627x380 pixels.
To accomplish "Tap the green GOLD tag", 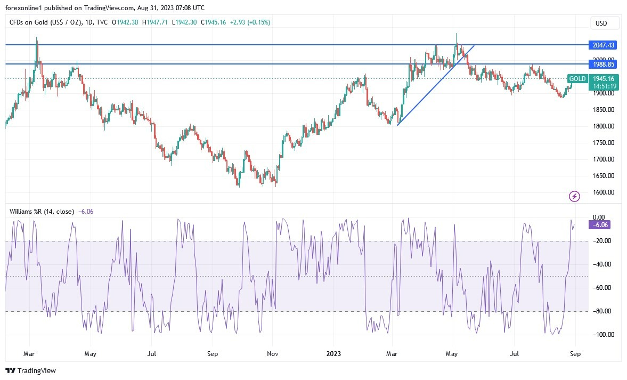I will pos(577,79).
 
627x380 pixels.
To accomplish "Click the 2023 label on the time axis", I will pos(333,353).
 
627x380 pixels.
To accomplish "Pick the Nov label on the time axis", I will pos(273,353).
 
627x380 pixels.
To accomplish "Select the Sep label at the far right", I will pos(575,353).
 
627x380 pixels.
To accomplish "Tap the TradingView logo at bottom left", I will pos(31,370).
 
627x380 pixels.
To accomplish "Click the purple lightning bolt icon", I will pos(574,197).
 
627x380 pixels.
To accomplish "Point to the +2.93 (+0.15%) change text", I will pos(250,22).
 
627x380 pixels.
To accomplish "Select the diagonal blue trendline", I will pos(436,85).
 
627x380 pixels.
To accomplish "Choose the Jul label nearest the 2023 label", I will pos(514,353).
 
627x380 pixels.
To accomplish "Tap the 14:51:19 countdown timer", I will pos(604,86).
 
